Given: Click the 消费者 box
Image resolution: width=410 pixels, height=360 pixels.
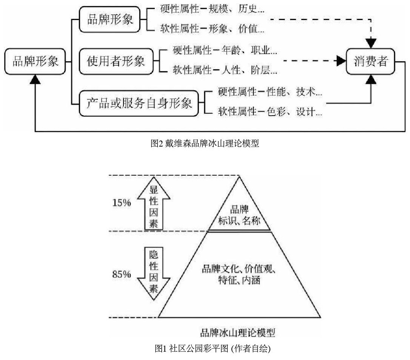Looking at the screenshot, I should coord(371,61).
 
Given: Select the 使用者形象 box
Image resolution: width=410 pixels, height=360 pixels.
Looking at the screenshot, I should coord(116,61).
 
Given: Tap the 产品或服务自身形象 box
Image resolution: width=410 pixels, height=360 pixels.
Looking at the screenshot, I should coord(139,103).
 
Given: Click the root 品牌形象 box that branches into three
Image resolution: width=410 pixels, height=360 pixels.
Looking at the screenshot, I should coord(35,61).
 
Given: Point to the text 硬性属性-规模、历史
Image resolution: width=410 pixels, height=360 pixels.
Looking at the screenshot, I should coord(207,9).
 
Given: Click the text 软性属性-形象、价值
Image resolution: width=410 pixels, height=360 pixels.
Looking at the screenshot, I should coord(207,28).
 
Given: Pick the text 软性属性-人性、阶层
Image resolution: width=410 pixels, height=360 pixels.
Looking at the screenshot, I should coord(225,70).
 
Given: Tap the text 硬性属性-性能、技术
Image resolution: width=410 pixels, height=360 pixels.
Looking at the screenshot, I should coord(270,92).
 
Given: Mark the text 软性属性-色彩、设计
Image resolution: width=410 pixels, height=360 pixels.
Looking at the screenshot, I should coord(270,112).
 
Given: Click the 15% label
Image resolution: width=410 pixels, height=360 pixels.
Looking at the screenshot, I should coord(121,202).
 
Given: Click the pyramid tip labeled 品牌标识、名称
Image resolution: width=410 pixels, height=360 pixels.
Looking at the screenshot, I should coord(239,216).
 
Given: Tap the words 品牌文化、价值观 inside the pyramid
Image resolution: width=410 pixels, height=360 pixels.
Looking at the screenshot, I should coord(239,269).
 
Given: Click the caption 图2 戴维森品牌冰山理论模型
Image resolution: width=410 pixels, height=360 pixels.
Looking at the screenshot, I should coord(205,144).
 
